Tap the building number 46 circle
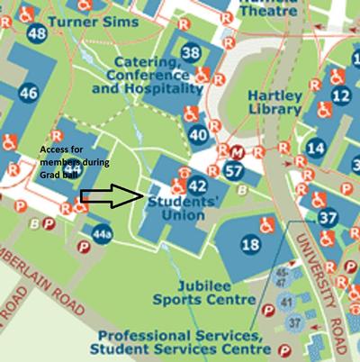coord(28,93)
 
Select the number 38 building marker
coord(191,53)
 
